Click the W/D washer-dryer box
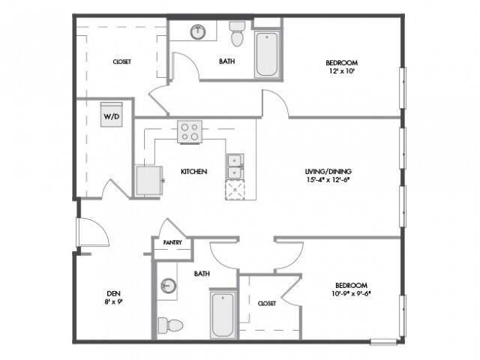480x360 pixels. (x=112, y=115)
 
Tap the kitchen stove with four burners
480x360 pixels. (x=190, y=132)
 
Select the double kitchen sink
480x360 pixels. (x=235, y=166)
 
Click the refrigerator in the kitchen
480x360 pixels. (x=149, y=180)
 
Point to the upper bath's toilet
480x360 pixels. (x=237, y=33)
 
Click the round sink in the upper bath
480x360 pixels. (x=198, y=31)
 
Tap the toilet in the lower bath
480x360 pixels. (x=170, y=325)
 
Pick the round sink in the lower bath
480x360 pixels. (x=168, y=286)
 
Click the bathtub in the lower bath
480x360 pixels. (x=223, y=315)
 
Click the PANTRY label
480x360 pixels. (x=172, y=242)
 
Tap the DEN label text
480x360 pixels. (x=113, y=293)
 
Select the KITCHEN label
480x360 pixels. (x=193, y=172)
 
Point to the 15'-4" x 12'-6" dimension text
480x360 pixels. (x=328, y=180)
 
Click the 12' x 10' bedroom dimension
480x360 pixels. (x=341, y=71)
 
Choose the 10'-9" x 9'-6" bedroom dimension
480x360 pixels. (x=351, y=293)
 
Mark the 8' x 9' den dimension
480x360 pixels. (x=113, y=301)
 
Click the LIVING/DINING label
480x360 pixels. (x=328, y=172)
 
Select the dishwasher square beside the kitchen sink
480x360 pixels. (x=235, y=190)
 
